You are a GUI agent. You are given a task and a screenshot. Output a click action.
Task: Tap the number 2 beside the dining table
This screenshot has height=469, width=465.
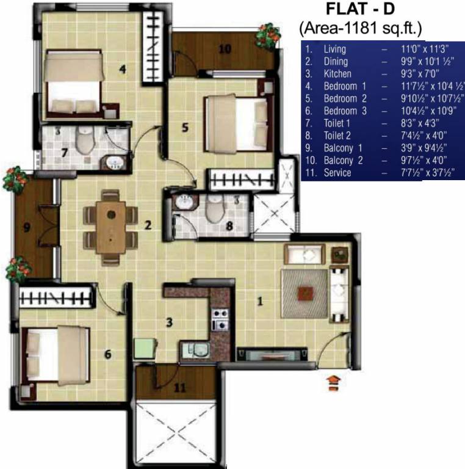148,225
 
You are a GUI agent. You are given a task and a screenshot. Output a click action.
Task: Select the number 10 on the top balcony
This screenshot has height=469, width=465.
225,49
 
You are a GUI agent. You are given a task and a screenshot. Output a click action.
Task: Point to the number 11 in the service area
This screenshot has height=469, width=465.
179,387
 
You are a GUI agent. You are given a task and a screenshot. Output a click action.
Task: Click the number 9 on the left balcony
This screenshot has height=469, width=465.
27,228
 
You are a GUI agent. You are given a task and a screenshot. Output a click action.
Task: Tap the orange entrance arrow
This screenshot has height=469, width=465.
333,382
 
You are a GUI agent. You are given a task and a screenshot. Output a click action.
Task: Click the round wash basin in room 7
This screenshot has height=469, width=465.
112,162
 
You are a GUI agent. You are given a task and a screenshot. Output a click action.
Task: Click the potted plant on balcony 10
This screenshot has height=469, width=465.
267,36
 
